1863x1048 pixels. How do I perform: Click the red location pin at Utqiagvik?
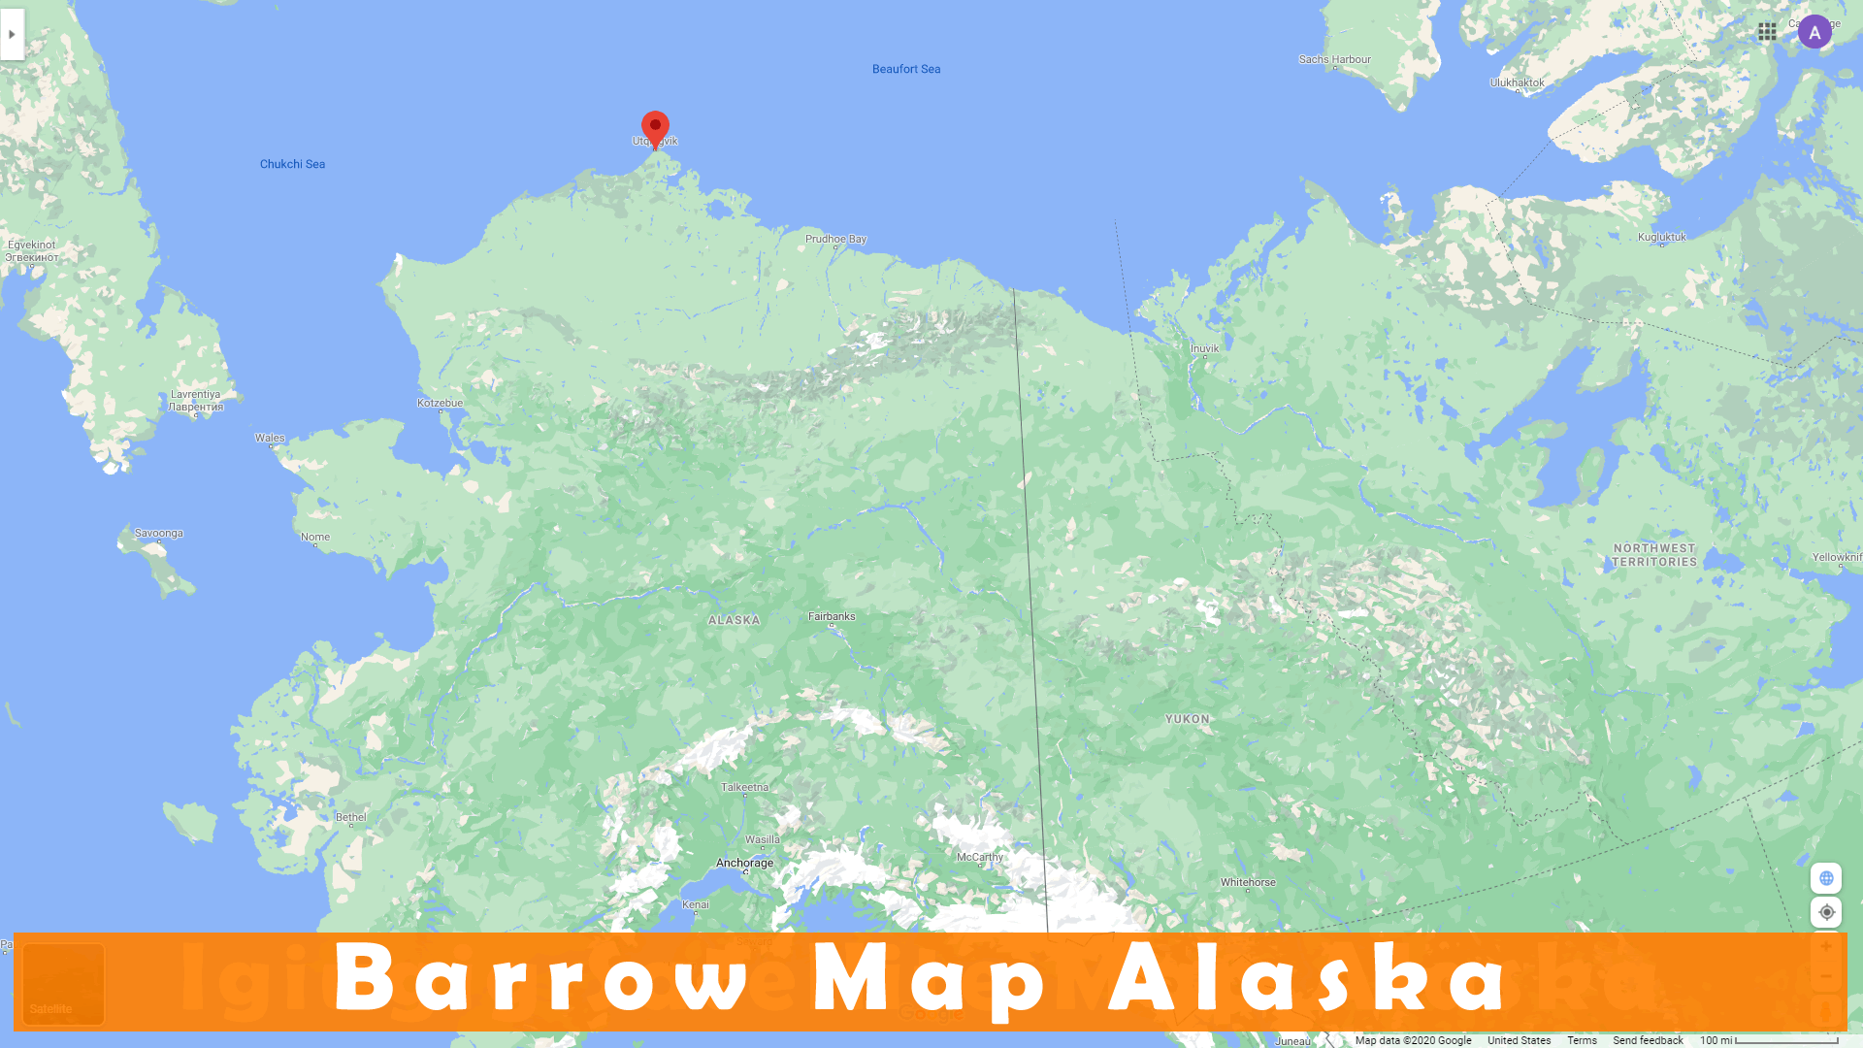click(655, 127)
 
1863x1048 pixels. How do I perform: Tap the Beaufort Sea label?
click(905, 69)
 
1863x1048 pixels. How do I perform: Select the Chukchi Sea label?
click(292, 164)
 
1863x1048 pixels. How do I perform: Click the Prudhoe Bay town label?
click(835, 239)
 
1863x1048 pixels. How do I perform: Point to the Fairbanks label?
click(832, 616)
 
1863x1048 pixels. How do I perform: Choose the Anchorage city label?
click(744, 863)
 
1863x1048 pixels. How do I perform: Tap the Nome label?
click(315, 537)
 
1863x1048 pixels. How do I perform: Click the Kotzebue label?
click(440, 403)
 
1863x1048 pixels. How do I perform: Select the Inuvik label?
click(1204, 348)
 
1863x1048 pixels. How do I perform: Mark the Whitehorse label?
click(1248, 882)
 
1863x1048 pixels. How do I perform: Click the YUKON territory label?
click(1187, 719)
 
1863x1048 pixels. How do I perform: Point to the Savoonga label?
click(158, 533)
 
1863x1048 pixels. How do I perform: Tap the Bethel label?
click(350, 817)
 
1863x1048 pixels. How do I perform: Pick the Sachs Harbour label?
click(1334, 59)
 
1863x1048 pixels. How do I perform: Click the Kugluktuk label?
click(1661, 237)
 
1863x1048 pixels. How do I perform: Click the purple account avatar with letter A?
click(1814, 32)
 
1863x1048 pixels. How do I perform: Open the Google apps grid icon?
click(1767, 32)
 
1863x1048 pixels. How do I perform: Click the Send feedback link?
click(1648, 1040)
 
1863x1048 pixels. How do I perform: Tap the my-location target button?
click(1826, 912)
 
